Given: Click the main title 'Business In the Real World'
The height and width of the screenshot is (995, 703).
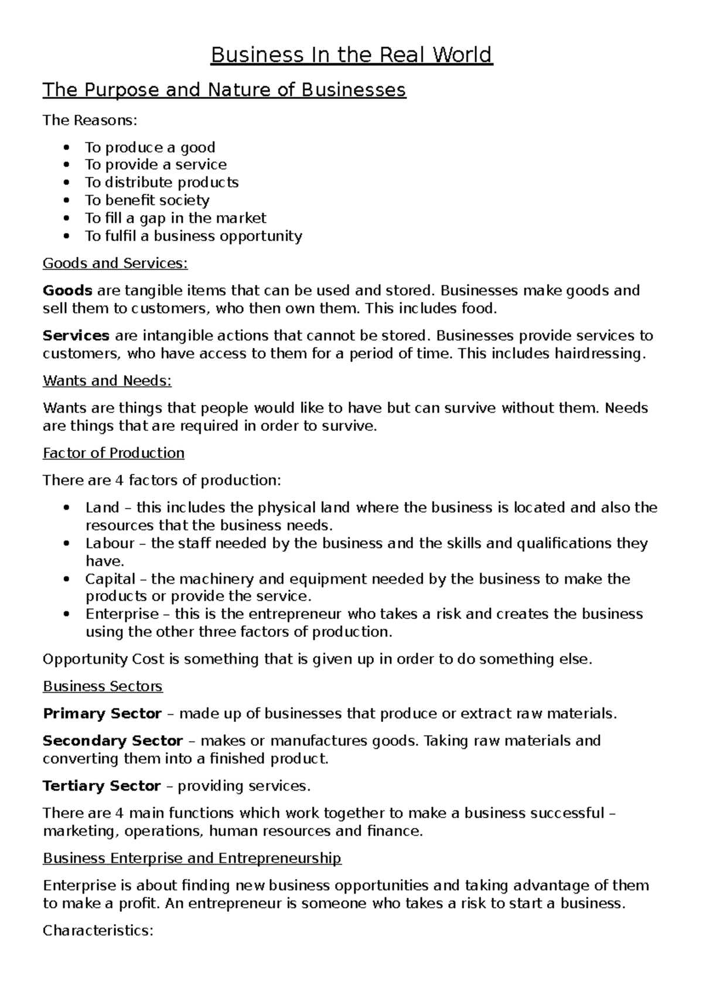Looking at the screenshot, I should pos(351,55).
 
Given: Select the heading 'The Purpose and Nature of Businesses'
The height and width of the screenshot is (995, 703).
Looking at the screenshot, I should pos(224,90).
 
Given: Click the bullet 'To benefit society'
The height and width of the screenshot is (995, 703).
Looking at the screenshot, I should pos(147,200).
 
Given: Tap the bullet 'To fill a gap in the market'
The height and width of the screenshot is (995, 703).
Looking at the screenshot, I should pos(175,219).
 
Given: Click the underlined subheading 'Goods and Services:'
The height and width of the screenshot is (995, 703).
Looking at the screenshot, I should pos(115,264).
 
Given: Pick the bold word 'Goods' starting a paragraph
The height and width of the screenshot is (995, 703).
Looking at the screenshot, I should pos(67,291).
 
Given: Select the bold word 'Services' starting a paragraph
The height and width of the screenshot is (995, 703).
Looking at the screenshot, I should pos(76,336).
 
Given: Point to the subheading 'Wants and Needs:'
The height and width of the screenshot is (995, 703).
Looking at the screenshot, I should pos(107,381).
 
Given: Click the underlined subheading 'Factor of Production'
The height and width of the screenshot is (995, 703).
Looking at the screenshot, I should pos(114,453).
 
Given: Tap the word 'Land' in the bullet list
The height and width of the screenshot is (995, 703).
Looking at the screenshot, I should pos(102,507).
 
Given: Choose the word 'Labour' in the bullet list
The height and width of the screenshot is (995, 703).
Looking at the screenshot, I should pos(110,543).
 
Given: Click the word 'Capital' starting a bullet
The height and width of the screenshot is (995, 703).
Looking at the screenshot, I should pos(110,579).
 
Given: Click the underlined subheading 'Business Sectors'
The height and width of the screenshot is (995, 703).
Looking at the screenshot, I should pos(103,686).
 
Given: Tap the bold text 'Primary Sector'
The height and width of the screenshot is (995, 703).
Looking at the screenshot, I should pos(102,714).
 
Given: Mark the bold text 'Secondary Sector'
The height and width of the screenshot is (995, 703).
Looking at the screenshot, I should pos(112,741).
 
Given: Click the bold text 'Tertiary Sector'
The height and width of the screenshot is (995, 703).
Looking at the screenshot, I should pos(102,786).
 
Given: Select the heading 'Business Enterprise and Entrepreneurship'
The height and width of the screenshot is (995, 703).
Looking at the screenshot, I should pos(192,858).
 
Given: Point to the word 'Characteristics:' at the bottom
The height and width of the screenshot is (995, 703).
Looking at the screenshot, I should pos(98,931).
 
